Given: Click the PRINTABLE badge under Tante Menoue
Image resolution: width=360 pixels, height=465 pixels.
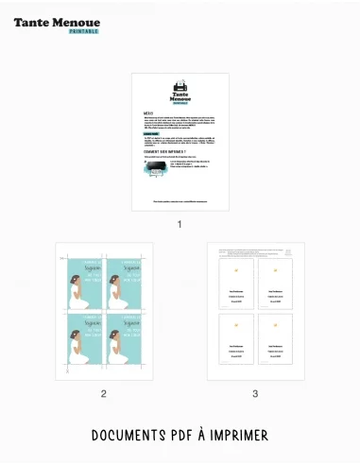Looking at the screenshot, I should tap(84, 30).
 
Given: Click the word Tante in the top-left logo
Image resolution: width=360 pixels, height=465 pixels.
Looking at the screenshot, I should tap(32, 20).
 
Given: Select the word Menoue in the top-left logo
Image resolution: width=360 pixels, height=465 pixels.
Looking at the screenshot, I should tap(76, 20).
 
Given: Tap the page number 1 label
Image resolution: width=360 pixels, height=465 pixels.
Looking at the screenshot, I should tap(180, 225).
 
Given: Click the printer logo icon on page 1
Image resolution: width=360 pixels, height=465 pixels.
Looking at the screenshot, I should tap(180, 87).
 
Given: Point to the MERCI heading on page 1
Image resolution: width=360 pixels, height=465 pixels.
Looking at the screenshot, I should tap(148, 112).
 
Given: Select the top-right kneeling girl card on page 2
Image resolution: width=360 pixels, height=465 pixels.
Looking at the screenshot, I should tap(125, 283).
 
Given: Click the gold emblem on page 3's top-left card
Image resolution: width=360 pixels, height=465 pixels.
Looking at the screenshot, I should tap(236, 270).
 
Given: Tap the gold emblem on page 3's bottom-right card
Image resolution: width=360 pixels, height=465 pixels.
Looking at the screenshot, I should tap(276, 324).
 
